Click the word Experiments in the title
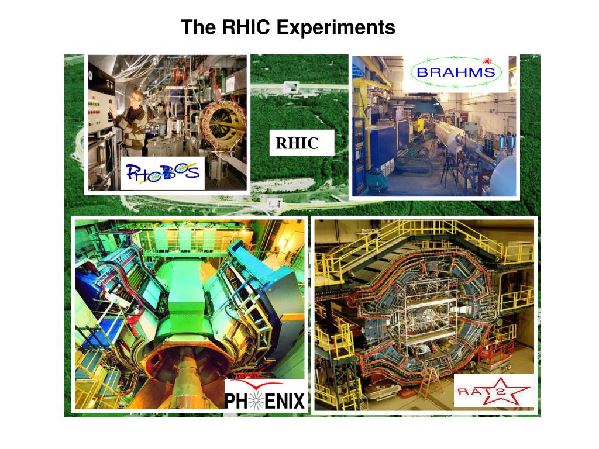(335, 27)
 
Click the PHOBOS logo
(163, 173)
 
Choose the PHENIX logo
(265, 395)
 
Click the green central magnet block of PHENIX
(187, 304)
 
